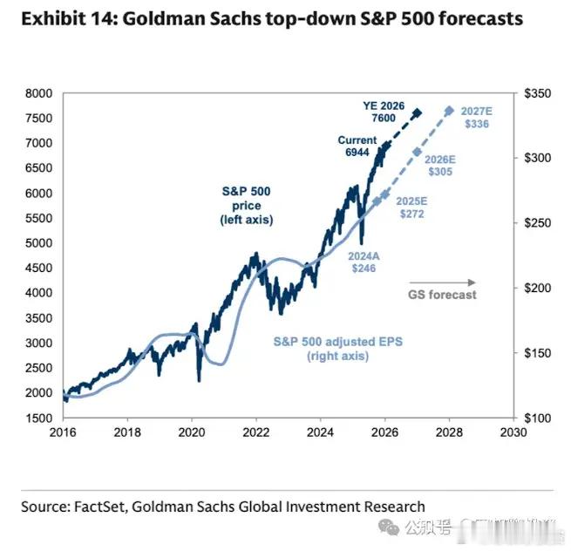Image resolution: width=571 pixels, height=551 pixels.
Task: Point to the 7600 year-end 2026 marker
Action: point(417,113)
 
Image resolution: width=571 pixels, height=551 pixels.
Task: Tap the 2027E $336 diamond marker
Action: point(449,111)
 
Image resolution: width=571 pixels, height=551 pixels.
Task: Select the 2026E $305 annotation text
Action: point(439,166)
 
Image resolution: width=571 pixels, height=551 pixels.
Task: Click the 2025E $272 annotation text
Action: point(410,207)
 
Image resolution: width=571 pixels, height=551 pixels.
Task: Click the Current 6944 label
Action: point(357,146)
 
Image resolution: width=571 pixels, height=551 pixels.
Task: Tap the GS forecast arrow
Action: point(443,282)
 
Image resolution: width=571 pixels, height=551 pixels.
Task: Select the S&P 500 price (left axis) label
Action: point(247,206)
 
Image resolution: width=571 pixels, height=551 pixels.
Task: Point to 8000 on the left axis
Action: point(38,93)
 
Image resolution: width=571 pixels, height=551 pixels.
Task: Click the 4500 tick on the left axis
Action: point(38,268)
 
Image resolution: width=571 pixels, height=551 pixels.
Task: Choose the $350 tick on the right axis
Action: point(536,93)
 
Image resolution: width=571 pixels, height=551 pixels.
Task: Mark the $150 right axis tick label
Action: point(536,353)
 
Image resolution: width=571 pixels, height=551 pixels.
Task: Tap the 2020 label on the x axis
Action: point(192,431)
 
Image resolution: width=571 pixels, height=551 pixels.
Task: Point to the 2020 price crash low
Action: point(200,379)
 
